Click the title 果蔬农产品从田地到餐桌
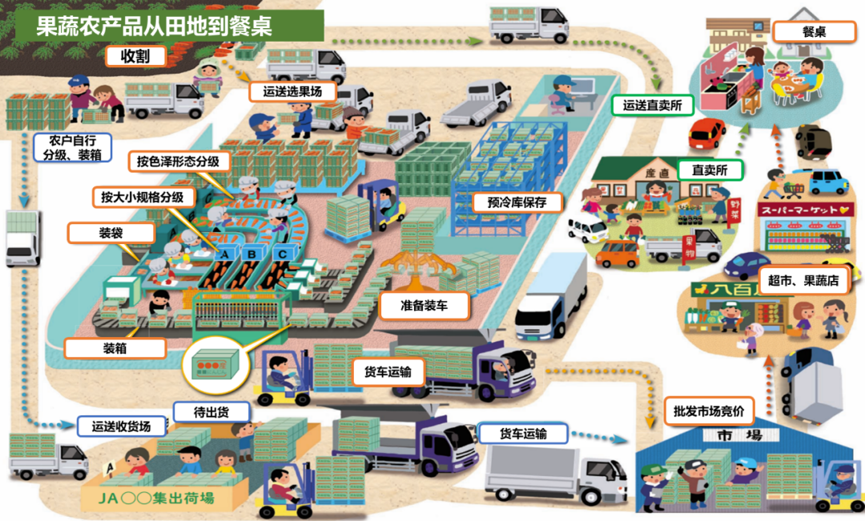pos(155,26)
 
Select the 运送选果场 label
pos(286,92)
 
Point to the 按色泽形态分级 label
pos(178,162)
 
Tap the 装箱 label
pos(115,349)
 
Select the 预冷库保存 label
pos(517,202)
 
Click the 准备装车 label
pos(424,306)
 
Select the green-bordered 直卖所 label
pos(709,170)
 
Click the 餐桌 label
pos(813,32)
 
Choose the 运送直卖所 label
pos(652,105)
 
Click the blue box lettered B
pos(253,255)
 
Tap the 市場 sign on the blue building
pos(729,436)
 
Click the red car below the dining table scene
pos(706,134)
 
